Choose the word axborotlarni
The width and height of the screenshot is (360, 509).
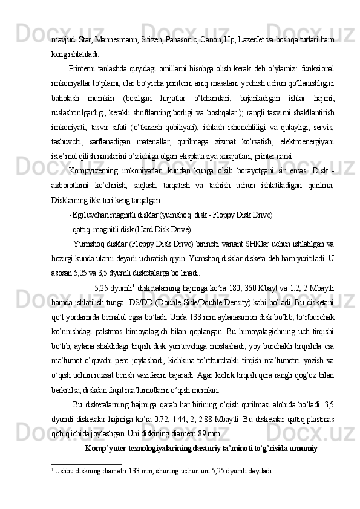[x=70, y=185]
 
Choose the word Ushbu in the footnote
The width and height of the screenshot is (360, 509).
[x=63, y=470]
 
